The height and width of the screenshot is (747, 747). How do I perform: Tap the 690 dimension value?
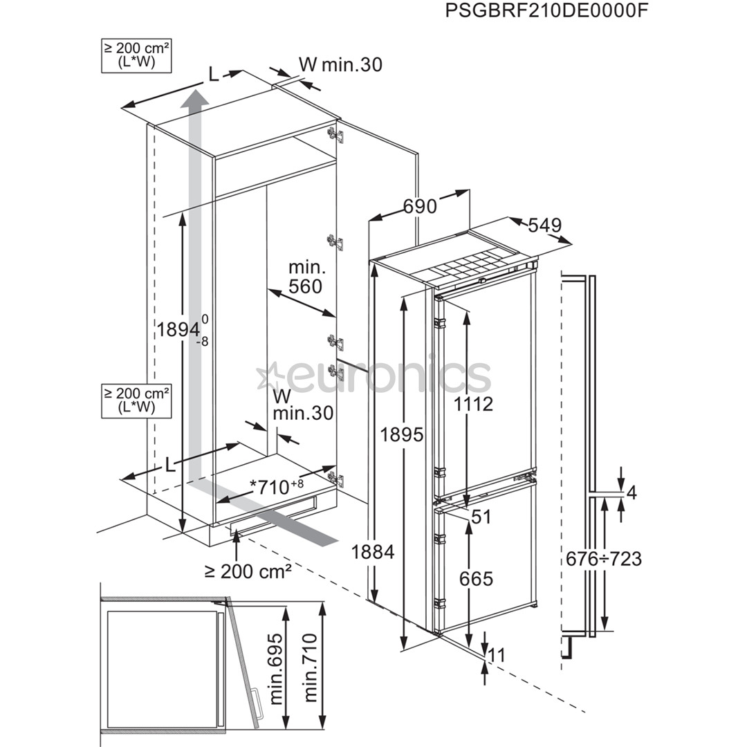[420, 206]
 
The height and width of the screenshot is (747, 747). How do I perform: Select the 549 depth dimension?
[544, 225]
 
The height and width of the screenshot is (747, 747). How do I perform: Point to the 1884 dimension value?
[373, 552]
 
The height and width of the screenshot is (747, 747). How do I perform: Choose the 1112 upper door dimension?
[474, 404]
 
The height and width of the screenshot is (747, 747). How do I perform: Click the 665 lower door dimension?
[477, 578]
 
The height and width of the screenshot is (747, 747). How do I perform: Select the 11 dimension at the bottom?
[496, 654]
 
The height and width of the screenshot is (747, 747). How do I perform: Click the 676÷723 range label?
[603, 558]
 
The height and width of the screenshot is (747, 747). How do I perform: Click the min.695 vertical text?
[277, 668]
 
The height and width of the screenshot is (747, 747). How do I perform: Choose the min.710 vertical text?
[311, 668]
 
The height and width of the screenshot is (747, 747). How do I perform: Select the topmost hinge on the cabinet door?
[335, 133]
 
